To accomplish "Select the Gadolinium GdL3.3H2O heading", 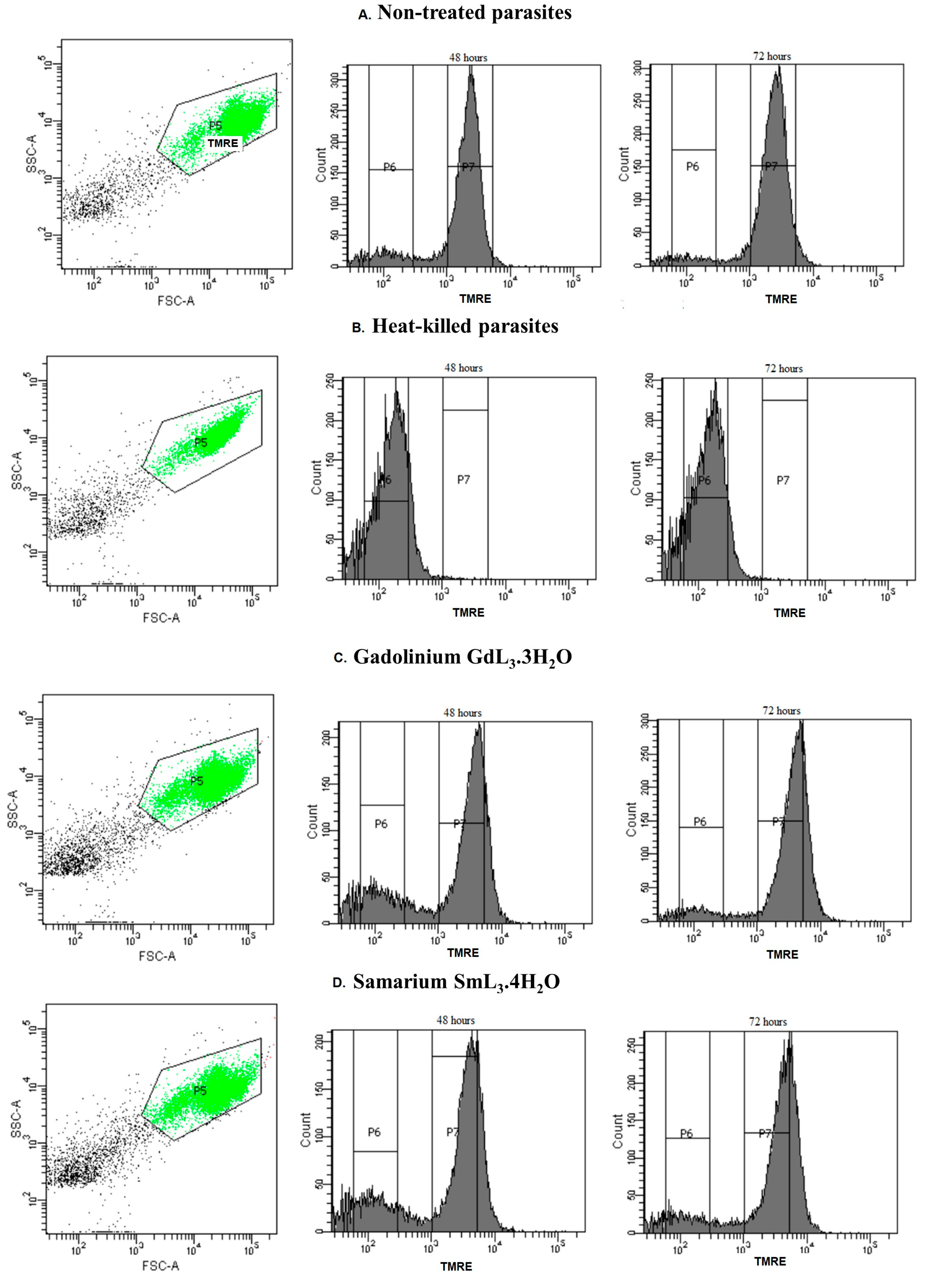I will (462, 657).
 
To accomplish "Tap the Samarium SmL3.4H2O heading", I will (456, 982).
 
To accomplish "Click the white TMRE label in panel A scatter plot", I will (223, 143).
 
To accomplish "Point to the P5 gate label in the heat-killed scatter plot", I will (201, 443).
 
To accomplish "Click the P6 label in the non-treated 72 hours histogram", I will (693, 167).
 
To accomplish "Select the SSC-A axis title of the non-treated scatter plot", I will (32, 153).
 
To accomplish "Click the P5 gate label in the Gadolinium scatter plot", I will (196, 781).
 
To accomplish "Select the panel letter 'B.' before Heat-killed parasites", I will (358, 328).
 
